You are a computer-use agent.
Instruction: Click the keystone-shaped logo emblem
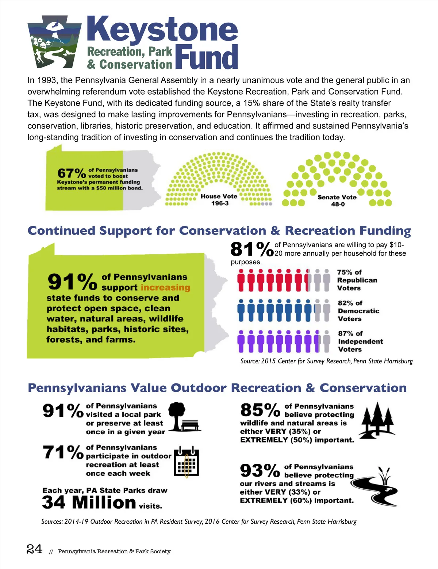[54, 42]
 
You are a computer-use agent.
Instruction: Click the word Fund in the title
[207, 57]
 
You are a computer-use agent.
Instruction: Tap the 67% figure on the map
[71, 173]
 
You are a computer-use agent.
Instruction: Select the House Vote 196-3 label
[219, 199]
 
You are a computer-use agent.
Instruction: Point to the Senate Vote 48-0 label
[337, 201]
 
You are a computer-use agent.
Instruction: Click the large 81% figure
[251, 249]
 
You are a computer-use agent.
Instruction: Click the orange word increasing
[165, 288]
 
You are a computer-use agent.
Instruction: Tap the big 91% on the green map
[72, 282]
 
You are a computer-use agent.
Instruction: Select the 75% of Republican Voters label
[357, 280]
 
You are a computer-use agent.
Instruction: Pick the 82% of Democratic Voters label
[358, 311]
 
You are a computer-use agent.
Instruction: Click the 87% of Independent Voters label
[360, 341]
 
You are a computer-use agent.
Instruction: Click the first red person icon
[241, 280]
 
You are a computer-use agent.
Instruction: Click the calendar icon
[187, 462]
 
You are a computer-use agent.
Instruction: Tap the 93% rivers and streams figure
[260, 470]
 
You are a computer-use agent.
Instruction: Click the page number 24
[34, 549]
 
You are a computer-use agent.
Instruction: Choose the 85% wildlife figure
[260, 410]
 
